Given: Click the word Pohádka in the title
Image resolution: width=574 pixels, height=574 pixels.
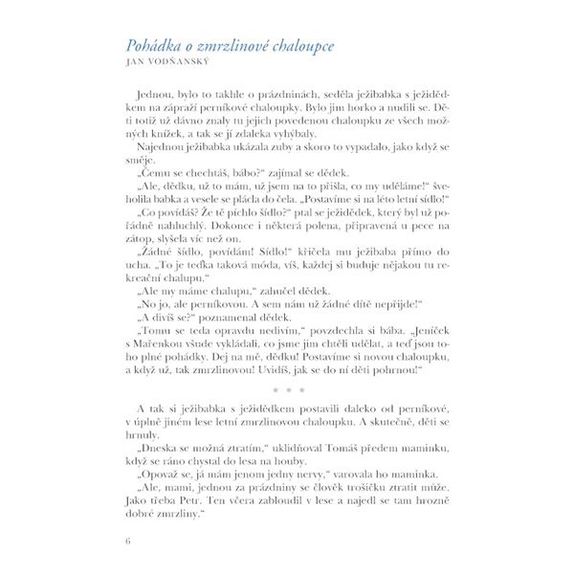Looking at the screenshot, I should click(x=156, y=47).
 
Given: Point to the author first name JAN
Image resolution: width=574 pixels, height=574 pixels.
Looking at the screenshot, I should click(x=137, y=65).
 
